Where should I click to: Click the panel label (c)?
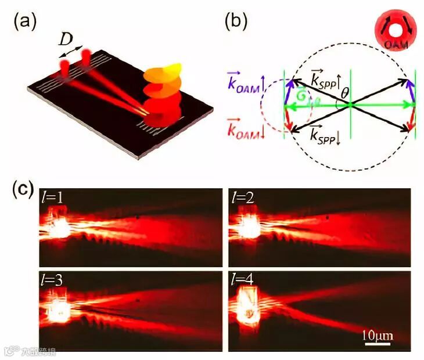click(23, 192)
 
